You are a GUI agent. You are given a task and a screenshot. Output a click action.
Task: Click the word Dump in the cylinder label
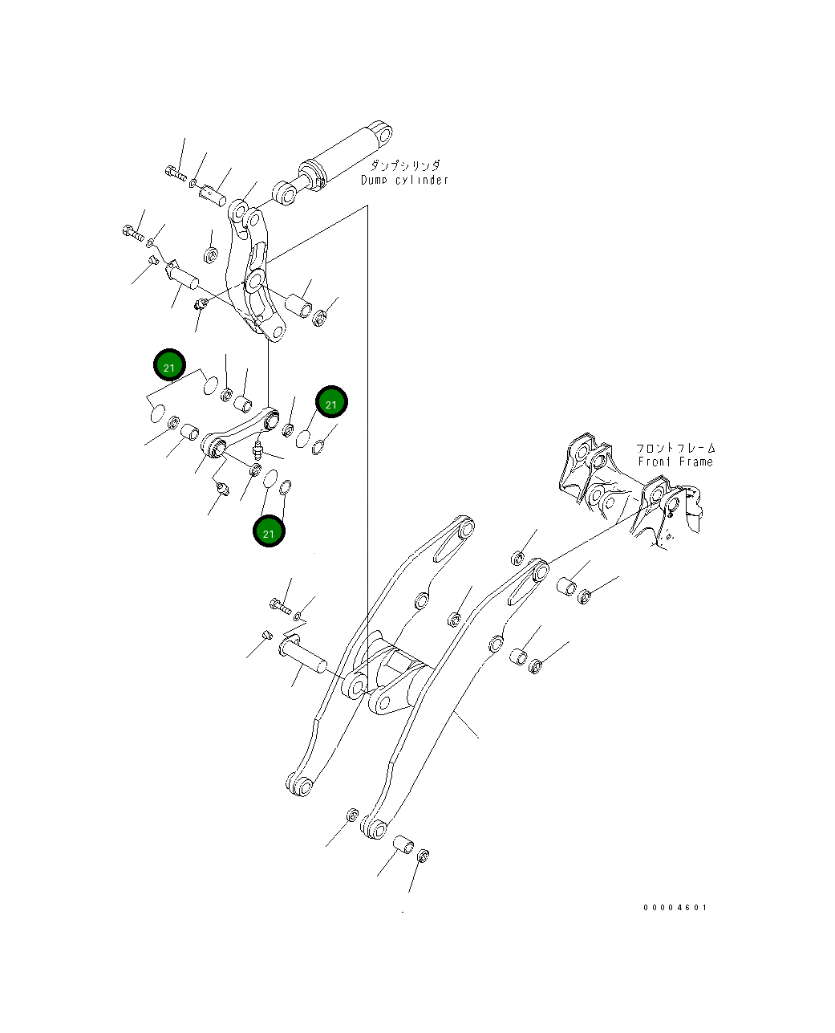(x=375, y=180)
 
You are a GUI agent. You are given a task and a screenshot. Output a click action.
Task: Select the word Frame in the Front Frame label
(x=695, y=462)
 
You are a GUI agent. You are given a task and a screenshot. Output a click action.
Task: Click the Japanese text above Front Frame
(x=675, y=448)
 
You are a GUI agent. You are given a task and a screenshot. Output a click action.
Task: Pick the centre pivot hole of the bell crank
(x=255, y=281)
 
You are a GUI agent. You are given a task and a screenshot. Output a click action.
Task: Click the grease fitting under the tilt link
(x=257, y=449)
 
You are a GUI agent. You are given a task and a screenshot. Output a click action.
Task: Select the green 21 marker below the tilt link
(x=269, y=532)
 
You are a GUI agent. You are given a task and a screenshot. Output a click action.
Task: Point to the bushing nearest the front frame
(x=567, y=585)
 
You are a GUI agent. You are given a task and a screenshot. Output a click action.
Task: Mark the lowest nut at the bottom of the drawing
(x=424, y=856)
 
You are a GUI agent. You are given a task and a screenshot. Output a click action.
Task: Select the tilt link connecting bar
(x=241, y=431)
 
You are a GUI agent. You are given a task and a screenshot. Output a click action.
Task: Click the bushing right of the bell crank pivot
(x=297, y=307)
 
